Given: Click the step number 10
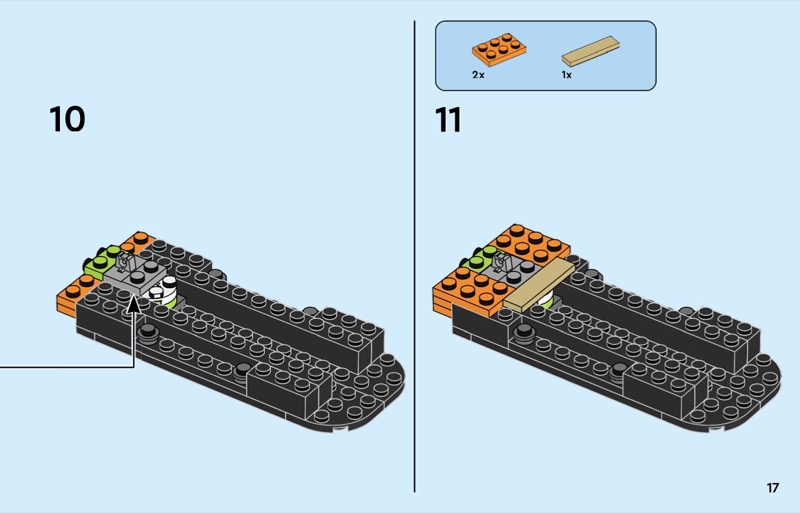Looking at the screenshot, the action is [x=67, y=119].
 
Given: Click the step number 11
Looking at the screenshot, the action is [x=448, y=119].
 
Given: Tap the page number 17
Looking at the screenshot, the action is [x=772, y=487].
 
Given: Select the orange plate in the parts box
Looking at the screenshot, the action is [x=499, y=50].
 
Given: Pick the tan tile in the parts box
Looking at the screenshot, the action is [x=590, y=51].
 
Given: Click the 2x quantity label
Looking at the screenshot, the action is [x=478, y=75].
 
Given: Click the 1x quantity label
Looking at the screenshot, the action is [x=566, y=75].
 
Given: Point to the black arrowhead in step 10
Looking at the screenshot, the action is [x=134, y=304].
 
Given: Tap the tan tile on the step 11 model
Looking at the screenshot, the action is [x=539, y=284].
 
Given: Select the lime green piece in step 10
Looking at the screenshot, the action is [x=102, y=259].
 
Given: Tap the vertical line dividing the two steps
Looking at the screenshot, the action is [x=414, y=256].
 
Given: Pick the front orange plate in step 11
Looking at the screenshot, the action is [x=468, y=291].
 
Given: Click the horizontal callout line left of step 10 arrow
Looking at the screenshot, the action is [x=67, y=366].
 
